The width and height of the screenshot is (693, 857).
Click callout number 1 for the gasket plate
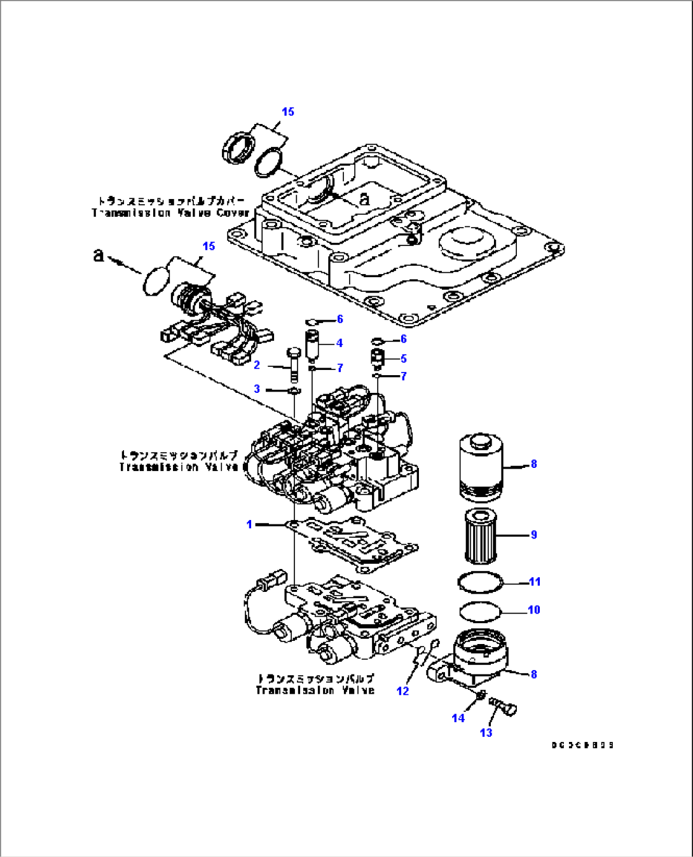coord(249,524)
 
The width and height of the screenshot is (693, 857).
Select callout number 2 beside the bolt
coord(257,365)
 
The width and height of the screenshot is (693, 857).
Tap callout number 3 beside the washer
coord(257,389)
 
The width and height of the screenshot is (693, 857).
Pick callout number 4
coord(340,343)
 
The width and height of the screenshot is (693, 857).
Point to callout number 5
coord(403,359)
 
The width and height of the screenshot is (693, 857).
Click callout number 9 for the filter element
coord(533,535)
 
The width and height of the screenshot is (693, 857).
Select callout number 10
coord(533,610)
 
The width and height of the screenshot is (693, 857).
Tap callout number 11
coord(534,582)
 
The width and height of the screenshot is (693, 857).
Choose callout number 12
coord(402,691)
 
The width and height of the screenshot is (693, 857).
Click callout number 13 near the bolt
coord(486,733)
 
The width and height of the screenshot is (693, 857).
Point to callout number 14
coord(458,718)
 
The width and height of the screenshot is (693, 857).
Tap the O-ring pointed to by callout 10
coord(480,610)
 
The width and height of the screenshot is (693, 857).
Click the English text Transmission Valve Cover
coord(170,213)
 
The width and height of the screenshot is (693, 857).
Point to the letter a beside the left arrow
coord(98,255)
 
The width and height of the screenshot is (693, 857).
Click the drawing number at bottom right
coord(582,745)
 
